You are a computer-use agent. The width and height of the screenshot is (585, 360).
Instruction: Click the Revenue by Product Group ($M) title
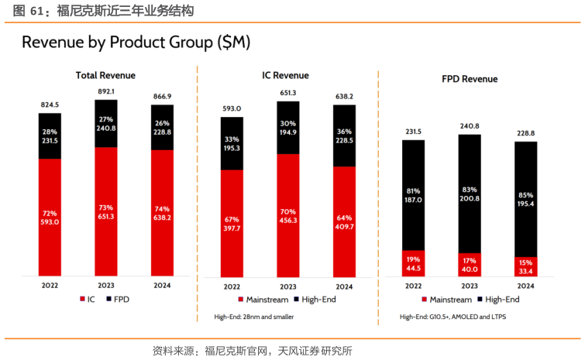pos(136,43)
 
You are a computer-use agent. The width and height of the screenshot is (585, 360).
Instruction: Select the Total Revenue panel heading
pos(105,75)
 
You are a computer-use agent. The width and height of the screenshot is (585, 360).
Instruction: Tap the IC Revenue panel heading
pos(285,75)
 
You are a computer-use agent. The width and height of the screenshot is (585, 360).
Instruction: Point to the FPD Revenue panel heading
pos(470,79)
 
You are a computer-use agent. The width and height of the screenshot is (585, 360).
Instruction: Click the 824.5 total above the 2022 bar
pos(50,104)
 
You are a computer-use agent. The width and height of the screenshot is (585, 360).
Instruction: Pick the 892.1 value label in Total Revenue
pos(106,91)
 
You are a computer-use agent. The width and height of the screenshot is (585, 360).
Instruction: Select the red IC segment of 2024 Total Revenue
pos(162,212)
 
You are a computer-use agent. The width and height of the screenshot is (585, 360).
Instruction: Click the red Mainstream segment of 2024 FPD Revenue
pos(526,266)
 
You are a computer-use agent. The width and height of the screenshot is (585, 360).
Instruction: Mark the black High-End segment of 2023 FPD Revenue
pos(470,194)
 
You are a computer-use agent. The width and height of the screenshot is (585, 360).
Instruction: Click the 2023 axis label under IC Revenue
pos(287,285)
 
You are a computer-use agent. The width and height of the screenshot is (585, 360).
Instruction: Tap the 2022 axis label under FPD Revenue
pos(413,285)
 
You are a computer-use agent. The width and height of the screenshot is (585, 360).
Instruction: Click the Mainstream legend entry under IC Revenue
pos(263,299)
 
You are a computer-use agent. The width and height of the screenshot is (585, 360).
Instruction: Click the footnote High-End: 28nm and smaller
pos(254,317)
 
